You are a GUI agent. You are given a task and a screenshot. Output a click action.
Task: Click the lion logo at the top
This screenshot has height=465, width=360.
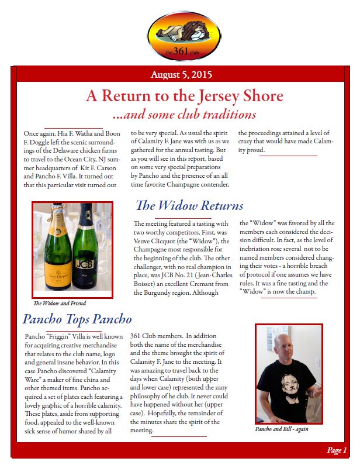[181, 36]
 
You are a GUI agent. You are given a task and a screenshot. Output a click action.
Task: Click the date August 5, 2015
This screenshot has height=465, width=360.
[181, 75]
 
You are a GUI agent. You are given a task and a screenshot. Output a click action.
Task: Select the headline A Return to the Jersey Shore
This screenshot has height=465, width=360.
[184, 95]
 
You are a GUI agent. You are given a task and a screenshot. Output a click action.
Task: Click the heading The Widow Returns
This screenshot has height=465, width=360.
[189, 205]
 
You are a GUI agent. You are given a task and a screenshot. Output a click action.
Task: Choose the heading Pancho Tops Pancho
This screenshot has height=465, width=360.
[77, 319]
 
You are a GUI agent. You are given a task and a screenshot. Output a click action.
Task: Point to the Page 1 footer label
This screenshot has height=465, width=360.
[337, 450]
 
